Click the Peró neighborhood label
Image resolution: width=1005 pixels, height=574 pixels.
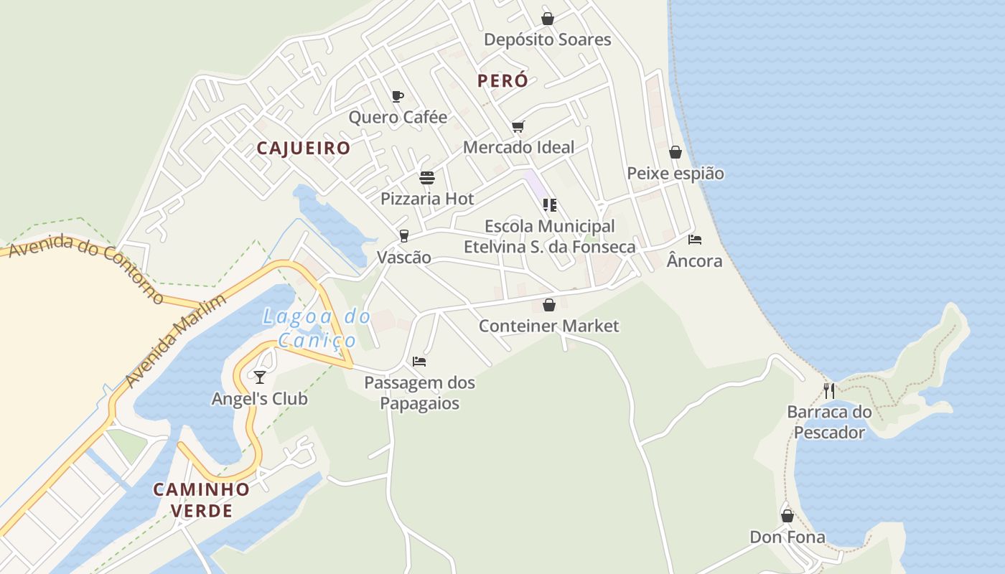(x=502, y=81)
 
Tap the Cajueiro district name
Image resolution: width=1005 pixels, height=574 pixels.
(x=304, y=149)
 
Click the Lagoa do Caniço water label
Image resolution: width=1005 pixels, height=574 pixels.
(x=317, y=328)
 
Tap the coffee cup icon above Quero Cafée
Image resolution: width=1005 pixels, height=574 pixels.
(x=398, y=97)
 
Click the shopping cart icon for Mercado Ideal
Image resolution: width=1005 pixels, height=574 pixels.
(x=518, y=127)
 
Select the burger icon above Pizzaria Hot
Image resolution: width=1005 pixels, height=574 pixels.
(x=427, y=178)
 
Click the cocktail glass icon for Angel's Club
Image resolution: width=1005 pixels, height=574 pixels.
(x=260, y=377)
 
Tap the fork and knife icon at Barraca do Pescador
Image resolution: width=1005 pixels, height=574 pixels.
(x=829, y=391)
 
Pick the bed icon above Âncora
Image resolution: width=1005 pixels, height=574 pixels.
(x=694, y=240)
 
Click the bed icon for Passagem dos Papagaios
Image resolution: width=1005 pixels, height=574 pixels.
(x=419, y=362)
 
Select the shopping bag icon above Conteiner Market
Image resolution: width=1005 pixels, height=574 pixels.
(x=549, y=305)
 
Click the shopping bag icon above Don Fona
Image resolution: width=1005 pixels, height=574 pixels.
(x=787, y=516)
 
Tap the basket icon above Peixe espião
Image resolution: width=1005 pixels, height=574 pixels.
(x=676, y=152)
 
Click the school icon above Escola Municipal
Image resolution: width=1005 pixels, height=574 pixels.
(x=550, y=205)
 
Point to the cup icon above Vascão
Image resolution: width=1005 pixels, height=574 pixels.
(x=404, y=236)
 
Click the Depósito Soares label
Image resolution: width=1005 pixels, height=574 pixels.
(x=547, y=39)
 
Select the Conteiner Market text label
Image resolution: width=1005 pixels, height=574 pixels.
(x=548, y=326)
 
